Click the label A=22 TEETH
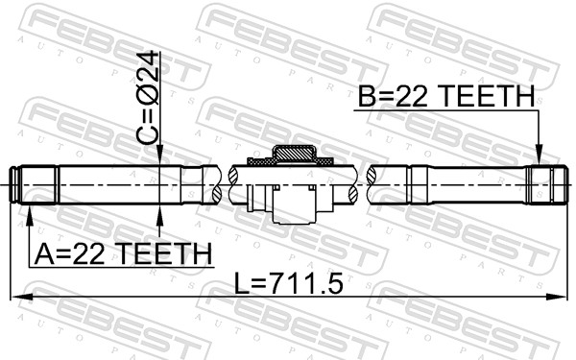pos(122,253)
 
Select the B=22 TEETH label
pos(446,96)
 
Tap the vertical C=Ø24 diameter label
pos(147,96)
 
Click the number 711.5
pos(308,285)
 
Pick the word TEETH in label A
pos(164,253)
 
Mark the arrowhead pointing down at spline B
pos(540,159)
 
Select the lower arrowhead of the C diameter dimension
pos(159,211)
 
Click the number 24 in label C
pos(147,65)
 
